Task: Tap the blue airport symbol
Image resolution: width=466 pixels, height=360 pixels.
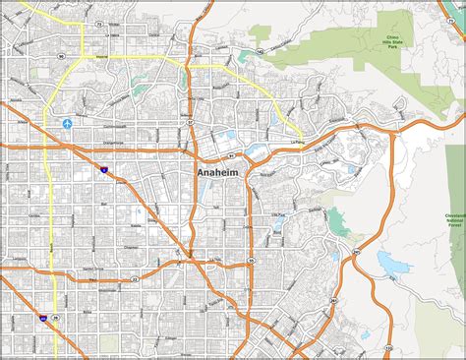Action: point(67,124)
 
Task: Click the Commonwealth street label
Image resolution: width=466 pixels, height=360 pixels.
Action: point(115,127)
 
